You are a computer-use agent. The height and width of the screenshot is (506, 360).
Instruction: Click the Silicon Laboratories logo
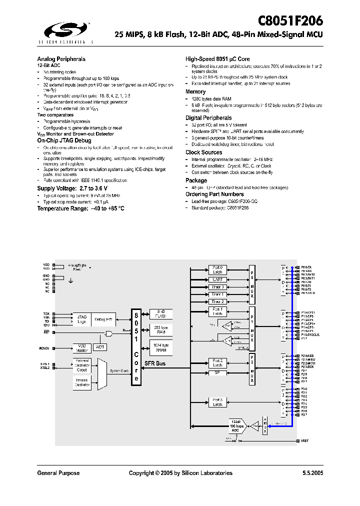pos(65,31)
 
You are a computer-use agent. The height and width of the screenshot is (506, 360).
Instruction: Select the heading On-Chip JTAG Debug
pos(64,141)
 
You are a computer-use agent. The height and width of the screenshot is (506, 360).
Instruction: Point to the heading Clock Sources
pos(203,152)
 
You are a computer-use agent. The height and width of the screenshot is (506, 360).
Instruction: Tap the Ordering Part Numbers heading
pos(214,194)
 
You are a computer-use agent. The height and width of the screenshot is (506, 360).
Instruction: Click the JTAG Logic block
pos(82,319)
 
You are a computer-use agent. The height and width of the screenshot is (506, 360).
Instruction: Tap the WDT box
pos(100,346)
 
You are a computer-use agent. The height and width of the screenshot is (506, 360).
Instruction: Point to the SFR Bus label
pos(155,363)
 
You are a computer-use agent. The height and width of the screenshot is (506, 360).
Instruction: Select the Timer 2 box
pos(217,301)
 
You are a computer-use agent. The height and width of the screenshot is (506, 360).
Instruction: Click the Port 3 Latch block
pos(217,402)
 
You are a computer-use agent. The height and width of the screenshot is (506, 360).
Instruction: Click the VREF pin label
pos(305,441)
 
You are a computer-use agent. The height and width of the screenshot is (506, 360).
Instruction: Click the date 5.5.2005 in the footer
pos(312,473)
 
